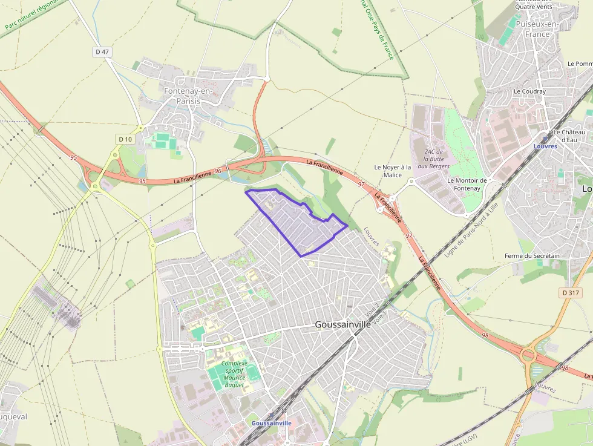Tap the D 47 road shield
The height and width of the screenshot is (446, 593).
pos(102,52)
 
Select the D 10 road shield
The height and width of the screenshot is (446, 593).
pos(125,139)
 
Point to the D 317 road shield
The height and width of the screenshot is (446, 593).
pos(571,293)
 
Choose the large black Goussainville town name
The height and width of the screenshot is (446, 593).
pos(342,325)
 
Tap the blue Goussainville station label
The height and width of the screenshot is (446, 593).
pos(271,423)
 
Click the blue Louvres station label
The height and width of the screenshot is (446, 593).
pos(545,146)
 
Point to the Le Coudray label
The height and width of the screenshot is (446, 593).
pos(529,91)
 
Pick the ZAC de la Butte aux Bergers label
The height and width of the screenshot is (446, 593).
pos(434,159)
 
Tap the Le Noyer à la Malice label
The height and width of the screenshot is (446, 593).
pos(392,171)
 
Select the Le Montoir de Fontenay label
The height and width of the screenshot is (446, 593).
pos(467,184)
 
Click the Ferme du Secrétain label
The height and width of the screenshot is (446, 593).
pos(532,256)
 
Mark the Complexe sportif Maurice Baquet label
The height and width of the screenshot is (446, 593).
pos(230,374)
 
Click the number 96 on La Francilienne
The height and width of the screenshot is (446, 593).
pos(218,172)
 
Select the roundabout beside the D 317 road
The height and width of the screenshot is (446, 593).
pos(528,354)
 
